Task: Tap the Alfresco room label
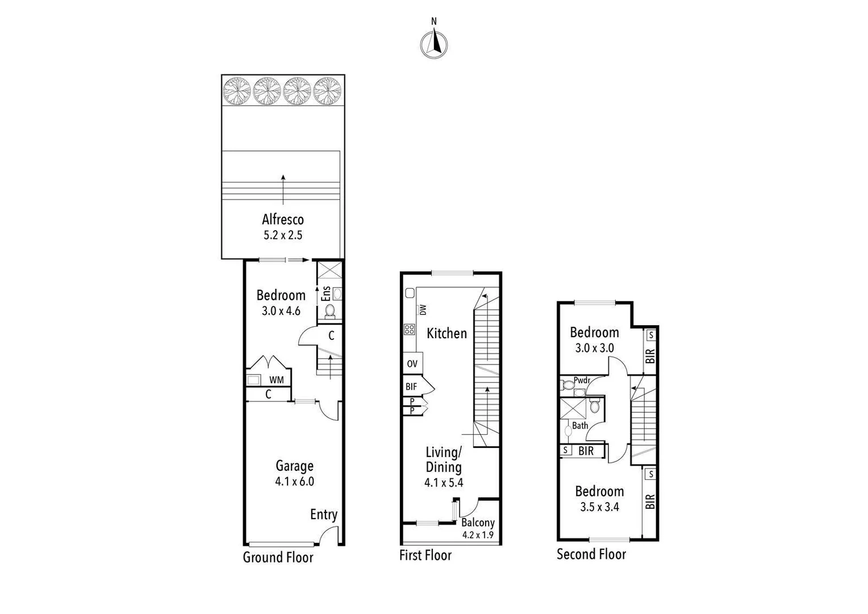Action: click(283, 219)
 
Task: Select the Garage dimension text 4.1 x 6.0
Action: click(294, 482)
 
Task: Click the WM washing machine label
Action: click(277, 380)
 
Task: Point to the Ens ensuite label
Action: click(326, 293)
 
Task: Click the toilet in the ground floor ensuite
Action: click(329, 310)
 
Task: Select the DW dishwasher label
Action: click(423, 310)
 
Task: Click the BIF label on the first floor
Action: click(411, 387)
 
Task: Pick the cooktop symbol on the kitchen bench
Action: click(409, 329)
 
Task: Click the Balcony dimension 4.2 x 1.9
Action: click(478, 535)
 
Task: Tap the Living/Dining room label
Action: click(444, 459)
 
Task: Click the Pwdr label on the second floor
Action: click(582, 380)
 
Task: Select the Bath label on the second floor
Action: click(580, 425)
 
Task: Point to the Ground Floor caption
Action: click(278, 557)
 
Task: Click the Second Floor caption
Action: click(591, 554)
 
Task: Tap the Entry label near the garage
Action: click(323, 515)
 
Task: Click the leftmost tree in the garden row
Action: click(237, 91)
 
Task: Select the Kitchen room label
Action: click(446, 333)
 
